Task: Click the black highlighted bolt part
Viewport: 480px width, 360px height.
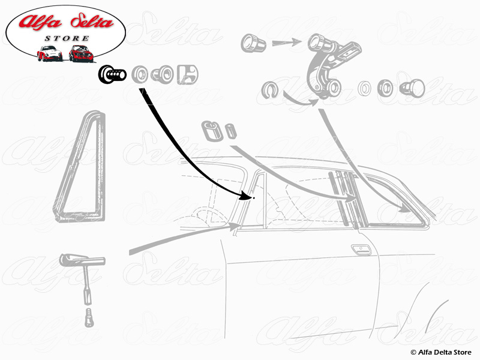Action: click(x=112, y=74)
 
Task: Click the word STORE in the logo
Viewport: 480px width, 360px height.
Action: click(x=67, y=38)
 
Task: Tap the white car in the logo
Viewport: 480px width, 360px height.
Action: click(x=49, y=53)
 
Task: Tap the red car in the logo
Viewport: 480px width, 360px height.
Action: click(x=81, y=53)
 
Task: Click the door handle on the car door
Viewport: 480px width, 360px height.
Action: click(x=362, y=250)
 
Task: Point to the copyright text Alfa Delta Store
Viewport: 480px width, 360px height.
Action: click(x=441, y=352)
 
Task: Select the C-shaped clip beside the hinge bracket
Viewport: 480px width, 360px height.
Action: click(x=270, y=90)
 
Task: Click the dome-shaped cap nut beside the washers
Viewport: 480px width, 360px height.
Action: click(x=412, y=88)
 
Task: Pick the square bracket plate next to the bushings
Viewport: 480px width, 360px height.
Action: click(x=188, y=74)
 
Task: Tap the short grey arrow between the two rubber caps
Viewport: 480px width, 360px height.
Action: click(x=286, y=42)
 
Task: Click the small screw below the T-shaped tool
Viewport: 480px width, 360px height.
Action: click(x=88, y=318)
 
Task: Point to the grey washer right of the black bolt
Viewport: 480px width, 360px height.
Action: click(x=140, y=74)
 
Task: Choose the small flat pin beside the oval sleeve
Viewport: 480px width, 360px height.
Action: click(x=230, y=131)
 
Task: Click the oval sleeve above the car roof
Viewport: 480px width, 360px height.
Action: click(x=212, y=131)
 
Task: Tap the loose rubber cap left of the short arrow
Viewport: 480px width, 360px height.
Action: click(x=253, y=43)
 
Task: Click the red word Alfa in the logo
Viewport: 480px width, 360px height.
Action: click(x=40, y=22)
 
